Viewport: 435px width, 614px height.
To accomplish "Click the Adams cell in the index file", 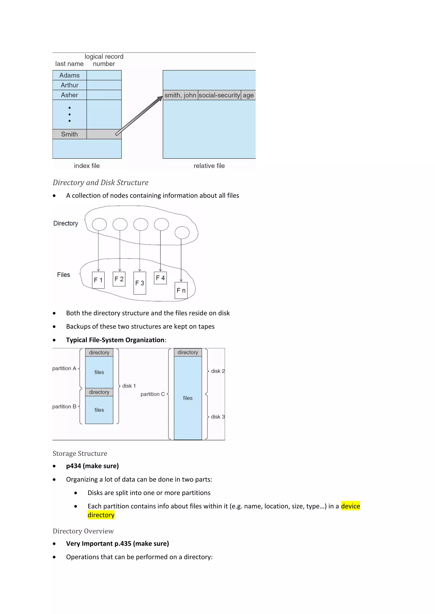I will click(69, 75).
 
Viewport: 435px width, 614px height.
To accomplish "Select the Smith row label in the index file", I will click(69, 134).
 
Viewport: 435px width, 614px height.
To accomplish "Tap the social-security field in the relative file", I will click(219, 95).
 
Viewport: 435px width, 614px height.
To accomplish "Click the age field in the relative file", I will click(248, 95).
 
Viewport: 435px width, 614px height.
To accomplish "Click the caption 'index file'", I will click(87, 166).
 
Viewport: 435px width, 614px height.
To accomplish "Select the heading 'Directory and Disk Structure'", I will click(100, 183).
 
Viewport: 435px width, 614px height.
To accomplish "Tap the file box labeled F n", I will click(181, 290).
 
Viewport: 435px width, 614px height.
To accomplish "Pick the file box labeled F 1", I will click(98, 280).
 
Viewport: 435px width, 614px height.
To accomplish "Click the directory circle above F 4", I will click(161, 224).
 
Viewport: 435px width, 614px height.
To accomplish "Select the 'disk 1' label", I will click(129, 386).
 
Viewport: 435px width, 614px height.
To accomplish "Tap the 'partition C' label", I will click(153, 394).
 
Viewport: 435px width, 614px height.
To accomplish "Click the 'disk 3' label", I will click(217, 417).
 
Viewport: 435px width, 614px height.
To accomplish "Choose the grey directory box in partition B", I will click(99, 392).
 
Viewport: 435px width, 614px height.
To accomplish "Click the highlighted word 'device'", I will click(350, 506).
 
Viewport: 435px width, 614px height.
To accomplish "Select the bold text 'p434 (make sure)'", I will click(92, 466).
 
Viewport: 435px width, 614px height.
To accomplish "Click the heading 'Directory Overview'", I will click(83, 531).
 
